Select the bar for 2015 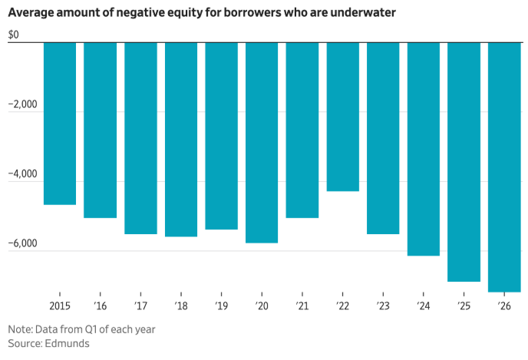(x=60, y=123)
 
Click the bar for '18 (x=181, y=139)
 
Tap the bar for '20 (x=262, y=142)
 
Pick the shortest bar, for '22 (x=343, y=116)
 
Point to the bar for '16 (x=100, y=130)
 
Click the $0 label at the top (x=15, y=36)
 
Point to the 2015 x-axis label (x=60, y=305)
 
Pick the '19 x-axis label (x=221, y=305)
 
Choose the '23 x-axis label (x=383, y=305)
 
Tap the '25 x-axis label (x=464, y=305)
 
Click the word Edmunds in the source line (x=67, y=343)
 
